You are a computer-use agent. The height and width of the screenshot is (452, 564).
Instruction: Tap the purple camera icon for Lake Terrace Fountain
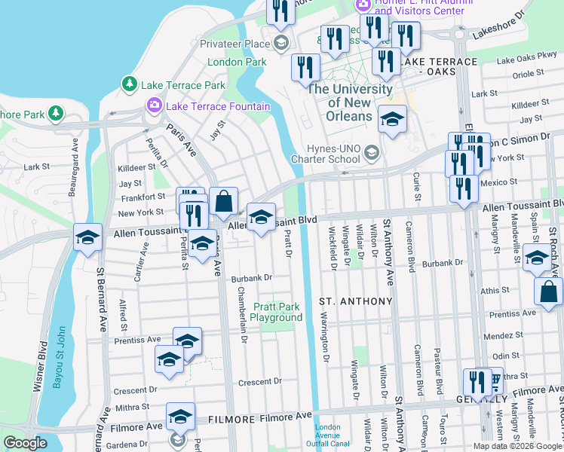click(x=155, y=105)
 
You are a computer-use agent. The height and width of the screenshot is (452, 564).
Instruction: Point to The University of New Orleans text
click(x=350, y=102)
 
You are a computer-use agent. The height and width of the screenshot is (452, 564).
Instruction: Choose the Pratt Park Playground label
click(x=277, y=312)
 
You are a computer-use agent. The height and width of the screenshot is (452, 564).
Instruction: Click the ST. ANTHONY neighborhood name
click(x=356, y=301)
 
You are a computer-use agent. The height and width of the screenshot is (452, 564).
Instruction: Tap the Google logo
click(x=25, y=443)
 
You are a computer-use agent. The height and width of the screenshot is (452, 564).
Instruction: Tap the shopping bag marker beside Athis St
click(x=548, y=293)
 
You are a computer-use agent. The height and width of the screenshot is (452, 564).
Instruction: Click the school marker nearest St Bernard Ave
click(x=87, y=239)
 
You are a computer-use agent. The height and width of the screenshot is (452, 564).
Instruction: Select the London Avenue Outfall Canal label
click(x=333, y=437)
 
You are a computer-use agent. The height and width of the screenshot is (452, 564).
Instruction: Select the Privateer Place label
click(x=235, y=44)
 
